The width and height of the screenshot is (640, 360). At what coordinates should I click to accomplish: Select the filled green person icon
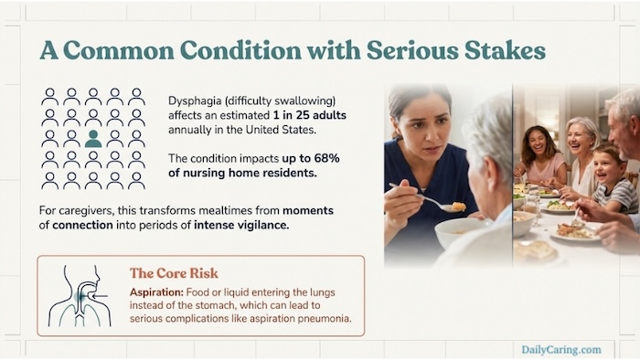coord(93,139)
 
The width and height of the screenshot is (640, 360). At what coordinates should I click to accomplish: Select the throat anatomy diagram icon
coord(80,295)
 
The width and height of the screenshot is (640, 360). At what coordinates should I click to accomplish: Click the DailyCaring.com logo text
coord(561,348)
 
